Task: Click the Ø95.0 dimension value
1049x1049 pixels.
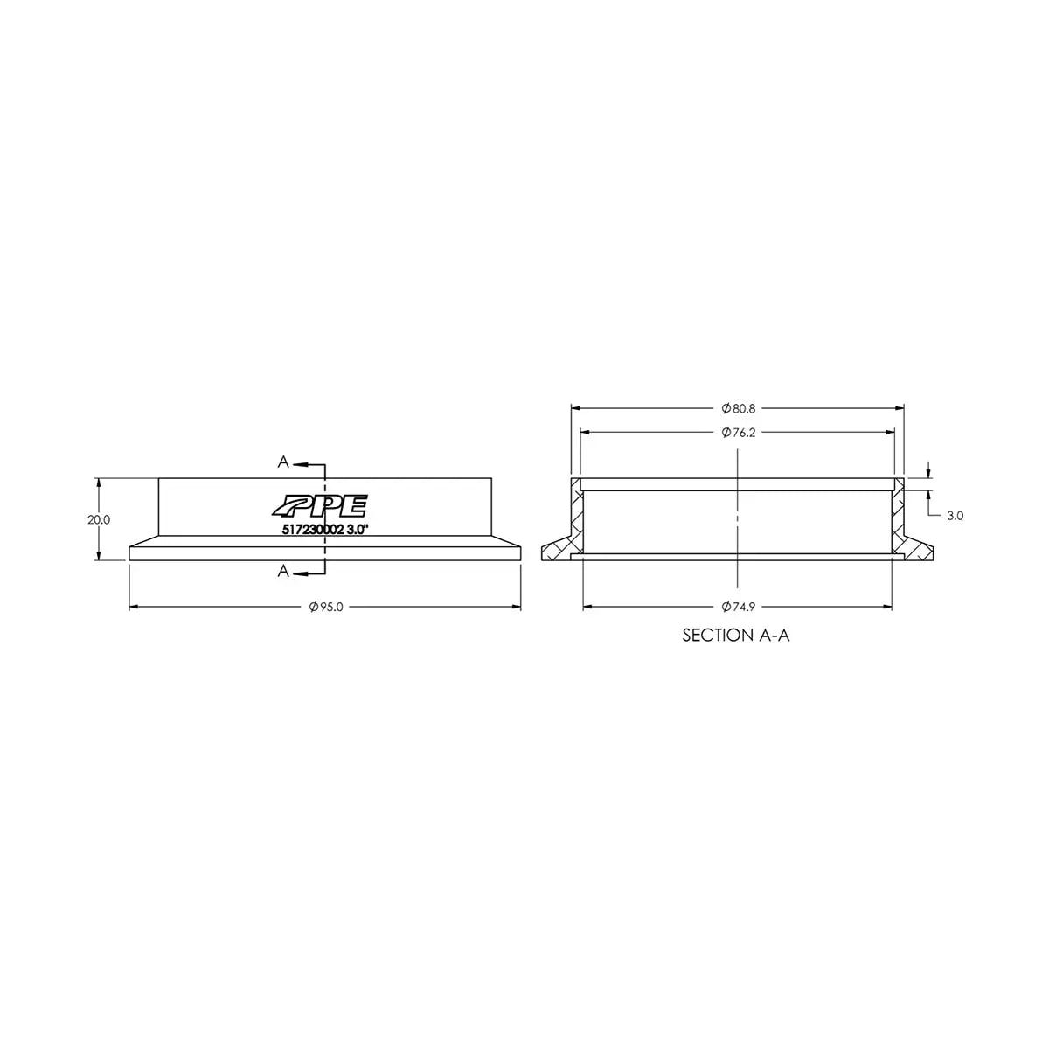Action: pos(326,607)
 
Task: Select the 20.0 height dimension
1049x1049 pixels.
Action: pos(99,520)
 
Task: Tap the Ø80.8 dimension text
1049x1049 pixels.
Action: pos(738,408)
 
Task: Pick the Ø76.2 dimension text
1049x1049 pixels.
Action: pos(738,433)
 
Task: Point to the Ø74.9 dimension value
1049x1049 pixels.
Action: pos(738,607)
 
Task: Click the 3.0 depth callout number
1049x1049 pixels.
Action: pos(955,516)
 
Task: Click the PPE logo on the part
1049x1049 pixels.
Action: pos(320,506)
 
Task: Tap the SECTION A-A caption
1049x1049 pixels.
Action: pos(736,636)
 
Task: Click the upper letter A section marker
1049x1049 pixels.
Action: pos(283,462)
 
